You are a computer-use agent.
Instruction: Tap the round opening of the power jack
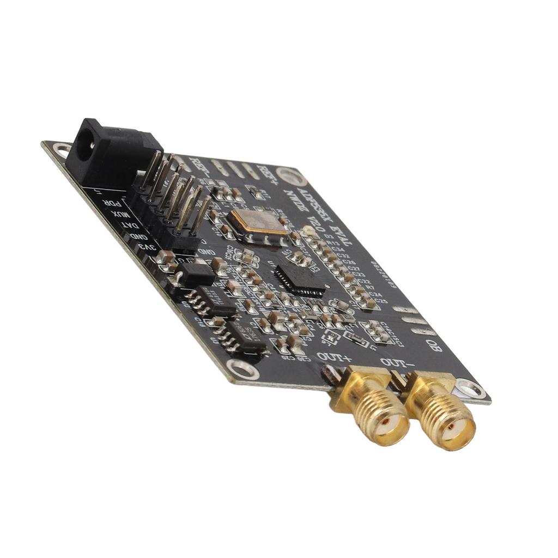[85, 145]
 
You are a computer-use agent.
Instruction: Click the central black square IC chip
[300, 280]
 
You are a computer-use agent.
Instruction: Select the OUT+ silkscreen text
[333, 357]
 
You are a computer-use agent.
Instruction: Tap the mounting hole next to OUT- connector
[469, 389]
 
